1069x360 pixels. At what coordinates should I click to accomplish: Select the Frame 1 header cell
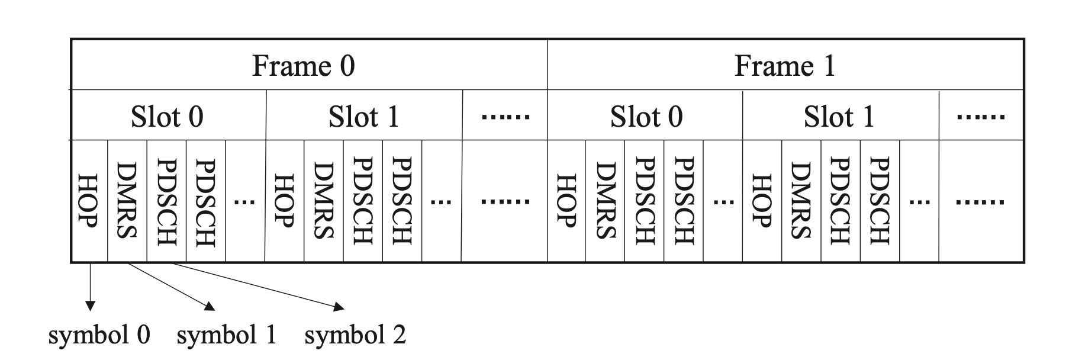[785, 65]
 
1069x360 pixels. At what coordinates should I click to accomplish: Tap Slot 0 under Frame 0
[168, 116]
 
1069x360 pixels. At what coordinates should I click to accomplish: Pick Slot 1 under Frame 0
[364, 116]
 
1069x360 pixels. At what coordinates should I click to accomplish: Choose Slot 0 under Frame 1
[646, 116]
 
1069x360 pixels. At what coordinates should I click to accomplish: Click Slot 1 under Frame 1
[840, 116]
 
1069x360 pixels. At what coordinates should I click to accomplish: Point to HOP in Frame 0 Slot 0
[88, 201]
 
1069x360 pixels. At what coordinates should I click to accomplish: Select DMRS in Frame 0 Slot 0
[127, 201]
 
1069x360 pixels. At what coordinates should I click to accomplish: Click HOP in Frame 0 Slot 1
[285, 201]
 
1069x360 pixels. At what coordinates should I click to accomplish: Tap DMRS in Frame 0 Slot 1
[324, 201]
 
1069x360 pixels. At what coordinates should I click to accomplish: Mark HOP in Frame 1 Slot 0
[567, 201]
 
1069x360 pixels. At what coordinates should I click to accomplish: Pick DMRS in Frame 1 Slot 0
[605, 201]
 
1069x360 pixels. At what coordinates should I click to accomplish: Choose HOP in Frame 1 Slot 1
[762, 201]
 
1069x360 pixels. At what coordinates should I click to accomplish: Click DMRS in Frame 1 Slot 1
[801, 201]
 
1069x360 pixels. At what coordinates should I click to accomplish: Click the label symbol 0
[99, 336]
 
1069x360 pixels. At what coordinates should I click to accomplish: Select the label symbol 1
[227, 336]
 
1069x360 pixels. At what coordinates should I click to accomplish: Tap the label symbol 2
[355, 336]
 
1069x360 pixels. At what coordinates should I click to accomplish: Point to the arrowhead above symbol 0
[90, 306]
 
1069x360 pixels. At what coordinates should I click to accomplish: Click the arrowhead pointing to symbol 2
[339, 307]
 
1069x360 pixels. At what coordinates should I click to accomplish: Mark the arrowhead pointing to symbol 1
[210, 306]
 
